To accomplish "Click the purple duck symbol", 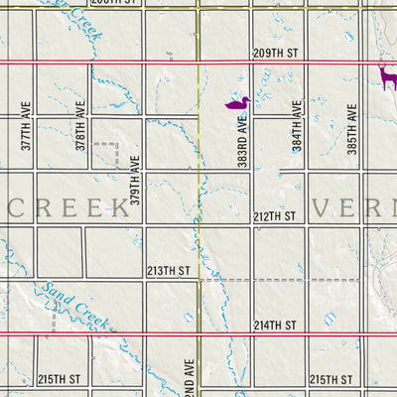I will [x=236, y=102].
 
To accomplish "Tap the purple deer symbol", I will [x=386, y=74].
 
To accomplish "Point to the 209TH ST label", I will [x=275, y=53].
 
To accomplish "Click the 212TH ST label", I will [x=275, y=215].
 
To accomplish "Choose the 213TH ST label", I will [x=168, y=270].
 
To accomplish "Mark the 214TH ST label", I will [x=275, y=325].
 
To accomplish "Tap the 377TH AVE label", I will [x=27, y=129].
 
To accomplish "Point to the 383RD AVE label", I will [x=242, y=140].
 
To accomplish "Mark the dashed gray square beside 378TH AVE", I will [x=106, y=157].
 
